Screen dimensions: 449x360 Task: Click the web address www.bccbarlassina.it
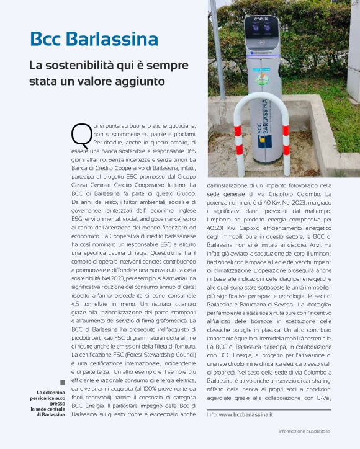click(x=246, y=414)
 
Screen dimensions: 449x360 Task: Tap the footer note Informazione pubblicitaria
click(x=304, y=431)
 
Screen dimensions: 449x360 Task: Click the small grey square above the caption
click(x=63, y=382)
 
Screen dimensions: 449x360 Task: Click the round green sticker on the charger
click(x=263, y=80)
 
